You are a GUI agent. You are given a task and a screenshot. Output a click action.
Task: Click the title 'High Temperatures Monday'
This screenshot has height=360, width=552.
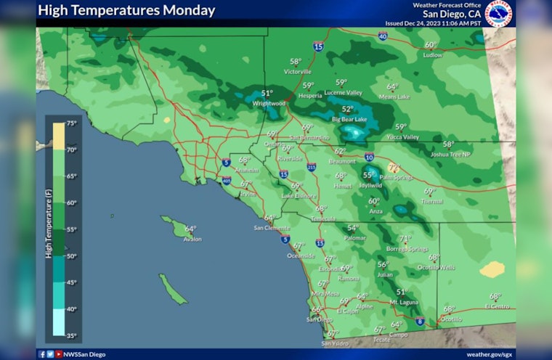[x=126, y=11]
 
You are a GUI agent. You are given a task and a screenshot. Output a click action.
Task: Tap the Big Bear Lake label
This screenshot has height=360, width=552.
[x=349, y=119]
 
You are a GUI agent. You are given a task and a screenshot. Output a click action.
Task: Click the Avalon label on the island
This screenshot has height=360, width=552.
[x=192, y=239]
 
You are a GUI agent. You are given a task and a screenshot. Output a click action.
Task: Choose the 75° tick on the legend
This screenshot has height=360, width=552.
[x=72, y=123]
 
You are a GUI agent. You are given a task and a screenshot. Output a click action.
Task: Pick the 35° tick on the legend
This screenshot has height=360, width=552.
[x=72, y=335]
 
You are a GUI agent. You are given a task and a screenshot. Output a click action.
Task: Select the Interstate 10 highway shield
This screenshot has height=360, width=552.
[x=369, y=157]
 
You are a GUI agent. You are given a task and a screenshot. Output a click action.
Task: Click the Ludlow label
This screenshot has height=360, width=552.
[x=432, y=54]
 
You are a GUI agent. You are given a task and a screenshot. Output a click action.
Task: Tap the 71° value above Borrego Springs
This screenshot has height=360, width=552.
[x=405, y=239]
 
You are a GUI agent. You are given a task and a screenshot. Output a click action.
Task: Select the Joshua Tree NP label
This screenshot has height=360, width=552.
[x=450, y=154]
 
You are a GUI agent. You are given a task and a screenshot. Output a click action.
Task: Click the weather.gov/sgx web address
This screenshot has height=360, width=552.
[x=489, y=354]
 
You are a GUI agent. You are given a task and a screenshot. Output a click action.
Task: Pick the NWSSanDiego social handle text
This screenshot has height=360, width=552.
[x=84, y=354]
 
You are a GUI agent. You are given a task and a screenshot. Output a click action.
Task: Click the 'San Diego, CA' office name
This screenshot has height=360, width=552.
[x=452, y=14]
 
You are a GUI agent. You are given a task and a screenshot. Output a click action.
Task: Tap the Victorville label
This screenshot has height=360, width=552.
[x=297, y=72]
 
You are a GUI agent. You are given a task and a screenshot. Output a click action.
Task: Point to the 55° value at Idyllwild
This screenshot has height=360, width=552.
[x=369, y=175]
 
